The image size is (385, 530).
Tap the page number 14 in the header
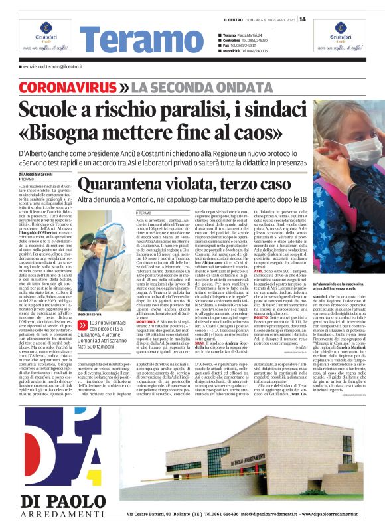click(x=302, y=19)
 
